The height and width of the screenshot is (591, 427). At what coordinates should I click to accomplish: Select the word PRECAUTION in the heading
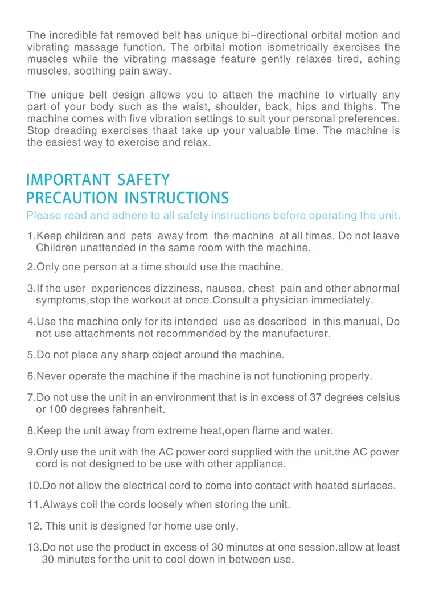pyautogui.click(x=71, y=198)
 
